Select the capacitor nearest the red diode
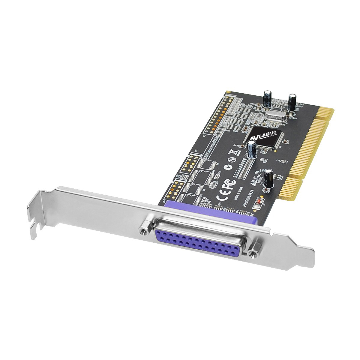click(x=268, y=179)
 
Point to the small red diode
click(x=259, y=203)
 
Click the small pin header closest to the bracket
click(x=174, y=191)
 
